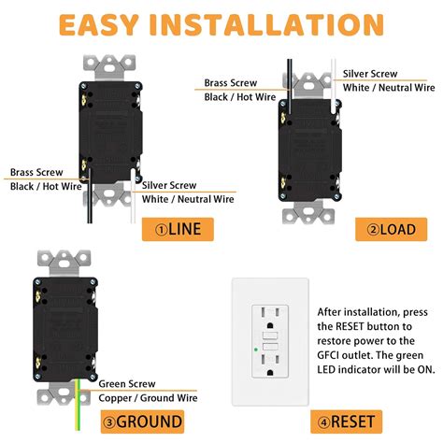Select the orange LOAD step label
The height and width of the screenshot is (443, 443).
(x=389, y=228)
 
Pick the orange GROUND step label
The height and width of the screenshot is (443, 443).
(x=169, y=421)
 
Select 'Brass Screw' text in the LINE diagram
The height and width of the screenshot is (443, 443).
(x=37, y=173)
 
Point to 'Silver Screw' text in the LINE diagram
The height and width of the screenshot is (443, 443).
(x=170, y=184)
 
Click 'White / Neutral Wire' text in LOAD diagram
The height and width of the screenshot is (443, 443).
(x=389, y=87)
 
